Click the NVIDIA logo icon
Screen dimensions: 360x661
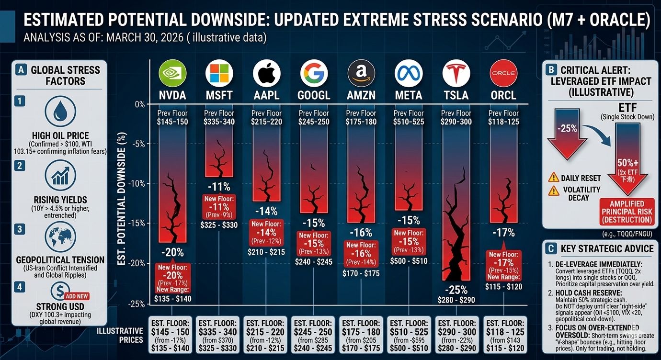172,74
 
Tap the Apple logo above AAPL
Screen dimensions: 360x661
267,74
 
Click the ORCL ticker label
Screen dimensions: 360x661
503,95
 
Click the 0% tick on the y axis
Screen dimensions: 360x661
139,104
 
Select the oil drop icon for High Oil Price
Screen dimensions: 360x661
60,111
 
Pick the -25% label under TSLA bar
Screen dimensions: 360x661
456,290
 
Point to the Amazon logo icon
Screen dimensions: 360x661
362,74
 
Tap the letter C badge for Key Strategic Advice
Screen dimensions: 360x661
551,248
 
